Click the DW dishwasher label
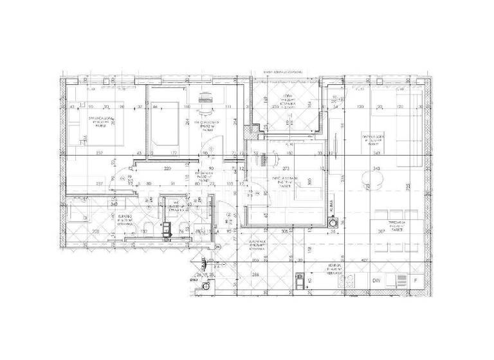pos(376,280)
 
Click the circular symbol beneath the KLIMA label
pos(332,223)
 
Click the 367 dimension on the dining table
pos(381,232)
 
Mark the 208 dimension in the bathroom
pos(95,232)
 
